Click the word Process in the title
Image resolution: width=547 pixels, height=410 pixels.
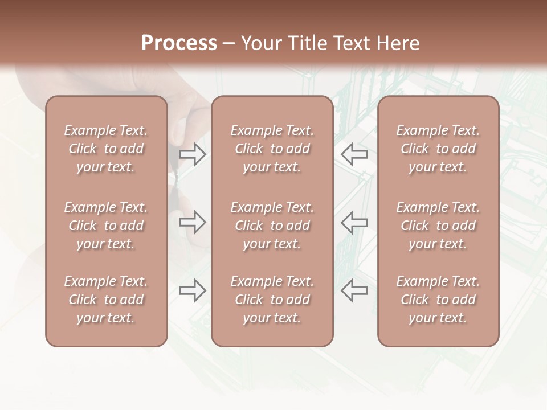coord(179,43)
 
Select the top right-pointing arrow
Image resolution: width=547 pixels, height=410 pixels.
coord(193,154)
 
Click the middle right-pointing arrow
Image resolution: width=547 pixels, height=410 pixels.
coord(193,222)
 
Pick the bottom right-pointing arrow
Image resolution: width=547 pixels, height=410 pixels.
coord(193,290)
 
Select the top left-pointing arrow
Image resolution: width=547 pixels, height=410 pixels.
coord(354,154)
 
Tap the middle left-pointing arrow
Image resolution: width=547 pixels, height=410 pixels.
coord(354,222)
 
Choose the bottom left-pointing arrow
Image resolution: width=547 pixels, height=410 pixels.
coord(354,290)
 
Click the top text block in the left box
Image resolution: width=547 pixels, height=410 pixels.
coord(106,149)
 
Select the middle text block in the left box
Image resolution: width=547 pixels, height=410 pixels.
coord(106,225)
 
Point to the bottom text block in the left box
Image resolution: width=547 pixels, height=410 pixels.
coord(106,300)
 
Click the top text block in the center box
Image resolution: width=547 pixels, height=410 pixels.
coord(272,149)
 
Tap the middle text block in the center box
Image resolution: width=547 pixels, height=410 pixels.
coord(272,225)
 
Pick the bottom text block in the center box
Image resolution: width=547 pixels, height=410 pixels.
coord(272,300)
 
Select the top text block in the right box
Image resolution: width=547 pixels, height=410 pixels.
coord(438,149)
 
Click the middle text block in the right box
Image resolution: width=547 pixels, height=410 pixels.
coord(438,225)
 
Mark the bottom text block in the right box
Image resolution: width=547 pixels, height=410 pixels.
coord(438,300)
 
